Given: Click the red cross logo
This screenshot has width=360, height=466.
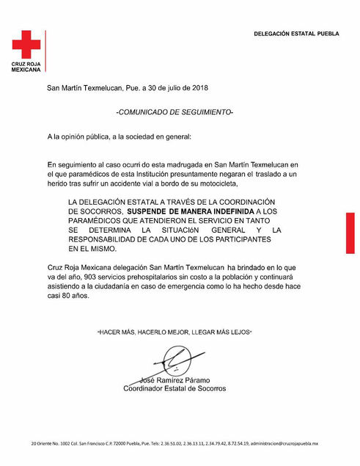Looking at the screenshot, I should [x=26, y=45].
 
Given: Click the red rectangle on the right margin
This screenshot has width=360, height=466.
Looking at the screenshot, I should [x=350, y=233].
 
